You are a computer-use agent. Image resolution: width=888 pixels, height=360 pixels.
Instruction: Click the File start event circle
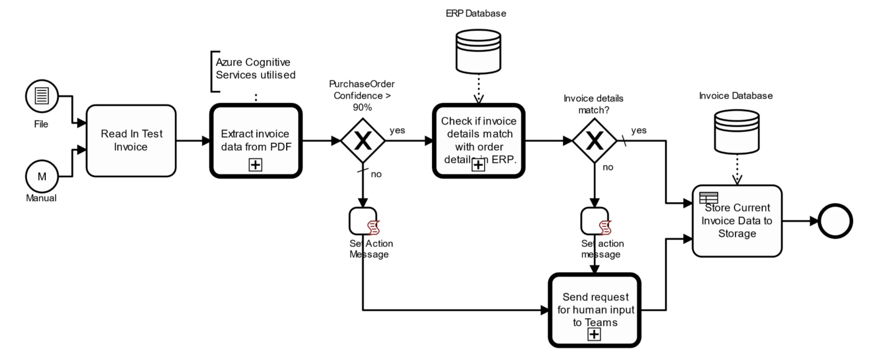[42, 96]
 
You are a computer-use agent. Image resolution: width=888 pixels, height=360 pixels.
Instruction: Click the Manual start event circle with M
[42, 176]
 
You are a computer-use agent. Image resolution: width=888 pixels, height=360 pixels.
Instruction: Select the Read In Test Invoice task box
[131, 141]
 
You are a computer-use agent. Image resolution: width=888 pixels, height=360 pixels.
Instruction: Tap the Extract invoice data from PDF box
[256, 138]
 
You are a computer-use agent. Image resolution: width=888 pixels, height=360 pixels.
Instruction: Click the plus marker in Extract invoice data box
[255, 165]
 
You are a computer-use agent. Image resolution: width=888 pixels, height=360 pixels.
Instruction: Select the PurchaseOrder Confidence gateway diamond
[363, 141]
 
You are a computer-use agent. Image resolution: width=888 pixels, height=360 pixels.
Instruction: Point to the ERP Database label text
[476, 13]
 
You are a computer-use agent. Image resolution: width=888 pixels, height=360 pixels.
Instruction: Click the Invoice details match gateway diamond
[594, 141]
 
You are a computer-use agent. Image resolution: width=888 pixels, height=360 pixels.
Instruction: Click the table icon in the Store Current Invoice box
[708, 198]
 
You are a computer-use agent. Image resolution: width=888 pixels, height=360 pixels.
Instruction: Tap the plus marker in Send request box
[594, 334]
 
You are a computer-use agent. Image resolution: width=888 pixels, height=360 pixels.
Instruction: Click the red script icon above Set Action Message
[373, 228]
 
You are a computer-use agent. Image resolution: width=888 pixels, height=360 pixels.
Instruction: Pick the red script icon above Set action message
[605, 228]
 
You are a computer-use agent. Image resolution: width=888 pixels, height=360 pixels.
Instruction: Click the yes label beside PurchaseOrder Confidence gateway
[397, 130]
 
